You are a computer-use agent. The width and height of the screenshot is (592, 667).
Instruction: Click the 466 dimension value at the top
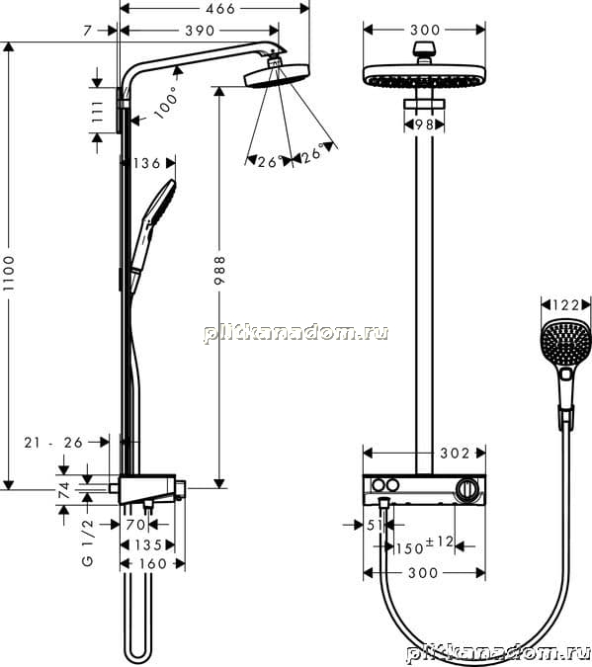219,9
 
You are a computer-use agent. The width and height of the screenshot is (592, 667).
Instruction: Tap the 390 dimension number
200,31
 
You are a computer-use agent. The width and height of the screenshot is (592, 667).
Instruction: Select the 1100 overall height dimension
9,274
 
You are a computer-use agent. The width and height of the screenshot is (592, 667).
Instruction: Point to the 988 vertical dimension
219,270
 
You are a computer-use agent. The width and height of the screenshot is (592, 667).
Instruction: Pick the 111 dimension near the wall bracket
98,112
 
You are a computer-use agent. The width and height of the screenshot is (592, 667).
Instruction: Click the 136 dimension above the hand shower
147,163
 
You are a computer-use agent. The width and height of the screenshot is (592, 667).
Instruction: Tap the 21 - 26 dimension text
53,443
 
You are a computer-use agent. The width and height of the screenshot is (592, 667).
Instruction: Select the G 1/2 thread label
88,542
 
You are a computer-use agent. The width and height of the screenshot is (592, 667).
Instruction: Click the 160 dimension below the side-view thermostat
153,563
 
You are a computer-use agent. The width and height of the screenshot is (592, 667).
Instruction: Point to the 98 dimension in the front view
423,125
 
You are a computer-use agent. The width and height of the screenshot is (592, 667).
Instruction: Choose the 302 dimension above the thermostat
455,454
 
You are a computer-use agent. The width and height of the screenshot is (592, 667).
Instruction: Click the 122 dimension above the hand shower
566,305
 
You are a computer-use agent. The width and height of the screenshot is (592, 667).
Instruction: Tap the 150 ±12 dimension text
425,545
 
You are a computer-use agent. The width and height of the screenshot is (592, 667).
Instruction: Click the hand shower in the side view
152,236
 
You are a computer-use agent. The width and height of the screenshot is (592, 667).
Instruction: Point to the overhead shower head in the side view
276,75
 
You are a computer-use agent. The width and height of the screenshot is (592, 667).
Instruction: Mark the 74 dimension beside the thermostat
64,490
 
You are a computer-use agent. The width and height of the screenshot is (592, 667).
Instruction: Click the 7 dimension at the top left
88,31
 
